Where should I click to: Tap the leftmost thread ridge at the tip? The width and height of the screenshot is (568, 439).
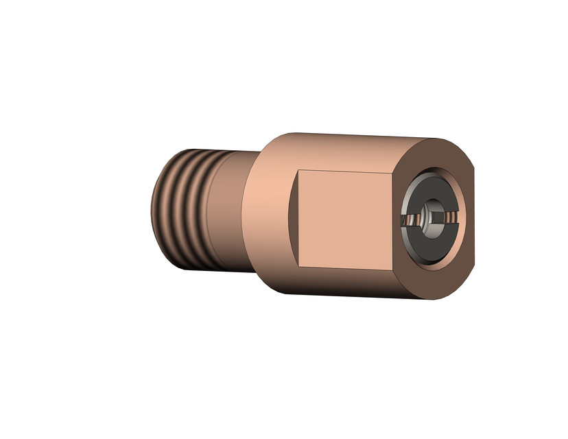click(156, 206)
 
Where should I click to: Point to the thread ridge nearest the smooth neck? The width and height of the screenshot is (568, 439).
click(213, 210)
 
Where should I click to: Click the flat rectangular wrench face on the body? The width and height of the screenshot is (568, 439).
click(343, 218)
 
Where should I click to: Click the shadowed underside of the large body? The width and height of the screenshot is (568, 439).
click(343, 285)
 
